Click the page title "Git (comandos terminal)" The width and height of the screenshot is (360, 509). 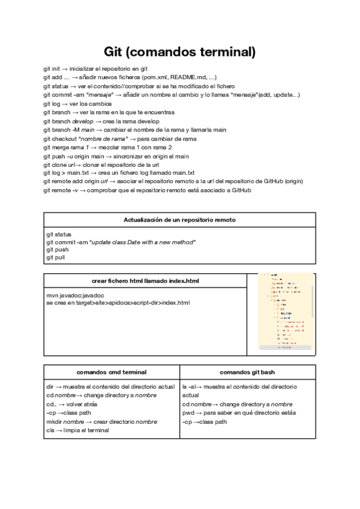click(179, 52)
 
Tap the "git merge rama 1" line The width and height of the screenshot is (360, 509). click(107, 147)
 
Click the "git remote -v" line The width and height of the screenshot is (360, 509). click(146, 190)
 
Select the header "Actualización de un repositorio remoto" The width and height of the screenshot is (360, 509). click(179, 220)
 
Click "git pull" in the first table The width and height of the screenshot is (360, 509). click(56, 257)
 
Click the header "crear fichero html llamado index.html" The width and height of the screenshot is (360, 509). click(145, 280)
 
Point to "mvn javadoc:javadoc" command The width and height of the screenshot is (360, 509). click(76, 295)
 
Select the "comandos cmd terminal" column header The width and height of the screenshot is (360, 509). click(111, 372)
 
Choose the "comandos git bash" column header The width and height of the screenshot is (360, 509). click(247, 372)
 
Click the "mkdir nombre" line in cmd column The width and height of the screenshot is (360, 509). click(101, 421)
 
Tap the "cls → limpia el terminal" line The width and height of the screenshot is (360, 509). click(79, 430)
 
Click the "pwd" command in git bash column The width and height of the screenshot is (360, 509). click(188, 413)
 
